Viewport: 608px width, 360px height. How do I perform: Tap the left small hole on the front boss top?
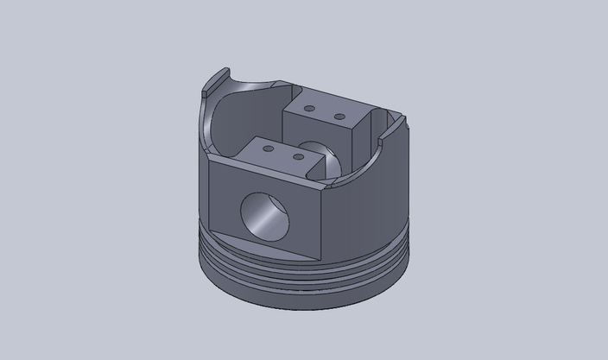(x=268, y=148)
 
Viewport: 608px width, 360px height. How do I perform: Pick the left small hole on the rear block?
(x=310, y=110)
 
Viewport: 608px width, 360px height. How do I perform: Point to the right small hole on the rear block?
(x=339, y=116)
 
